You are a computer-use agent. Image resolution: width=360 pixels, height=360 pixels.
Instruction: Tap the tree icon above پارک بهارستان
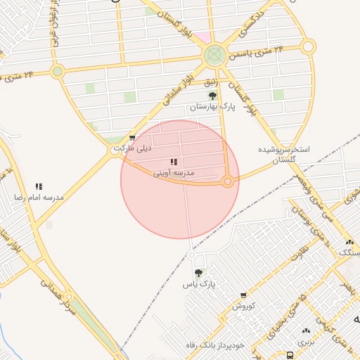tap(212, 96)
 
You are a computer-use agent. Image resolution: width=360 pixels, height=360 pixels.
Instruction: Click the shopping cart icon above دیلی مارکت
tap(132, 138)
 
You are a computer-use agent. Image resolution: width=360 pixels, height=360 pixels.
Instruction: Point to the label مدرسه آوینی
tap(174, 173)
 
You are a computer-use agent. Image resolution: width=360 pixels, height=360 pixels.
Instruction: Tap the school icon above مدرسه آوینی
tap(174, 162)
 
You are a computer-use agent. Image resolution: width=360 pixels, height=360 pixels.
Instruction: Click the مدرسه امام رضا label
tap(39, 198)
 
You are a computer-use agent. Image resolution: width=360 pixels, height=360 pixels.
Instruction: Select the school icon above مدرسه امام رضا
tap(39, 186)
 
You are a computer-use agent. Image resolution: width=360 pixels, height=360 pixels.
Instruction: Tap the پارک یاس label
tap(198, 284)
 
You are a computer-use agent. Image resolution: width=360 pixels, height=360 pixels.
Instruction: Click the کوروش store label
tap(246, 306)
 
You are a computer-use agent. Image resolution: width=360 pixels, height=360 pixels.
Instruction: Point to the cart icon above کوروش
tap(243, 296)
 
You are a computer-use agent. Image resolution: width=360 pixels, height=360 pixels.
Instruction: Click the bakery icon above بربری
tap(305, 330)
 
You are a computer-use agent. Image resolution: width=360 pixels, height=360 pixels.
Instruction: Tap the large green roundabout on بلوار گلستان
tap(214, 56)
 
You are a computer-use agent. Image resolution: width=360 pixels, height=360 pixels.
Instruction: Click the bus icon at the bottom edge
tap(290, 356)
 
